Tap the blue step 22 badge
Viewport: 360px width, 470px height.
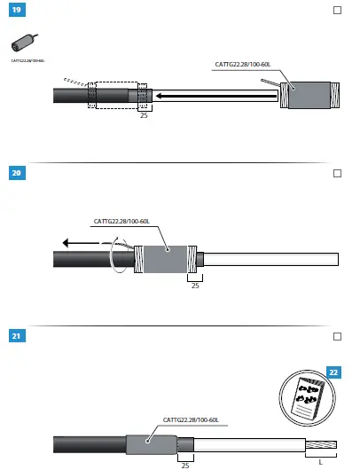[333, 372]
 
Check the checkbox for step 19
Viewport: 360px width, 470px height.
[336, 11]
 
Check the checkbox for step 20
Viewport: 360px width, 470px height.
[336, 174]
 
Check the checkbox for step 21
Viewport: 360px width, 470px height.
[336, 337]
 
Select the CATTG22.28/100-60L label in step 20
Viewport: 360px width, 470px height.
[122, 221]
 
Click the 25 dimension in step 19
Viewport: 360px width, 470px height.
[142, 115]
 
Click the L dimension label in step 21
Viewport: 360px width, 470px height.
[320, 461]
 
